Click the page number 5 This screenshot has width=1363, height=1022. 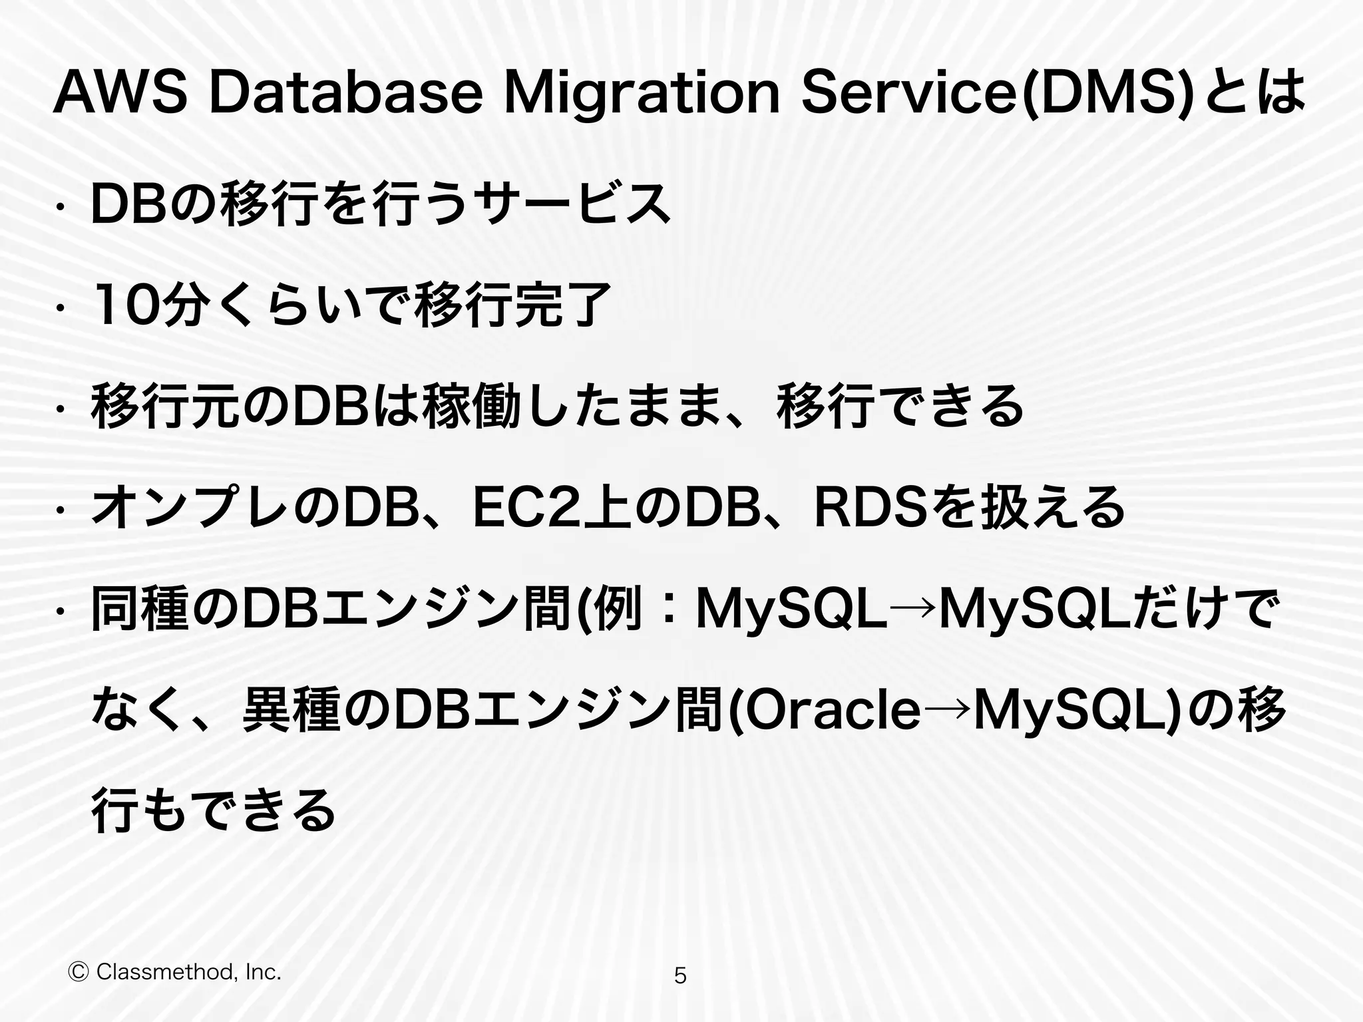pyautogui.click(x=680, y=976)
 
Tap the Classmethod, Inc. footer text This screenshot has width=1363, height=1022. pyautogui.click(x=189, y=972)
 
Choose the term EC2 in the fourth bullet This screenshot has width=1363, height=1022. pyautogui.click(x=526, y=508)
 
